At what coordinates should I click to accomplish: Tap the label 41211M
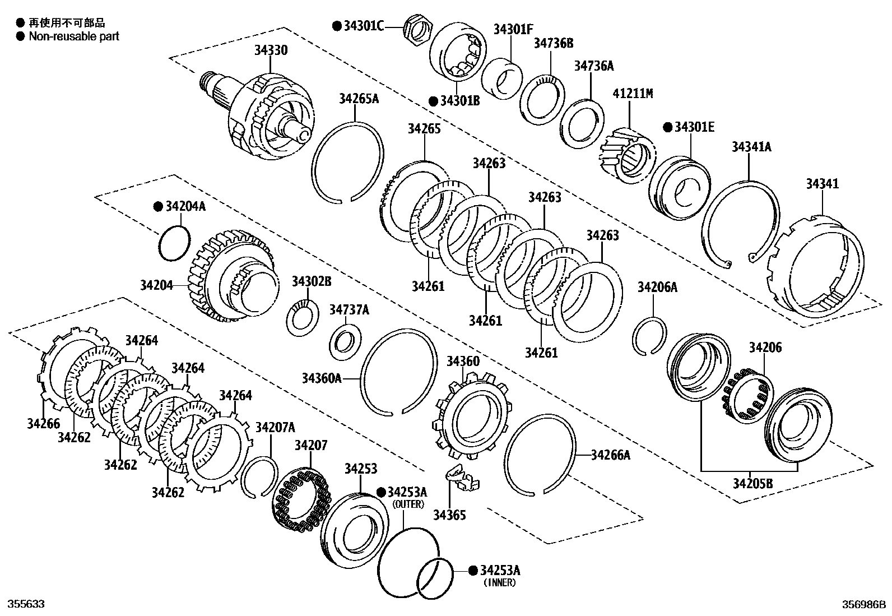coord(633,93)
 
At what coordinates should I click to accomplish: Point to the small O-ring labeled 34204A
coord(174,242)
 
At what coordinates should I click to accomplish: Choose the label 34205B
coord(752,483)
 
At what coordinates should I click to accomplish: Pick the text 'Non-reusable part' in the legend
coord(74,36)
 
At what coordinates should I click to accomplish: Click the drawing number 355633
coord(25,604)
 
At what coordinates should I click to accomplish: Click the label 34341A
coord(751,147)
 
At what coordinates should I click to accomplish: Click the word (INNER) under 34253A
coord(500,582)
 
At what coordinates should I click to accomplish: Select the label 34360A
coord(321,378)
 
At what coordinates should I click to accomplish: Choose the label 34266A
coord(610,455)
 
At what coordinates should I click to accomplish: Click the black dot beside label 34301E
coord(667,127)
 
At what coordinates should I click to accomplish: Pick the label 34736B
coord(553,43)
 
